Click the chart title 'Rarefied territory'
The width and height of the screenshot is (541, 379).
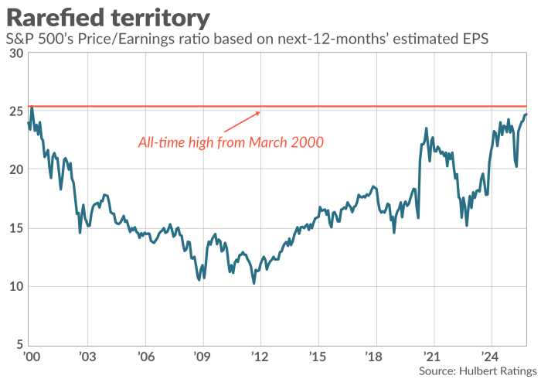click(108, 16)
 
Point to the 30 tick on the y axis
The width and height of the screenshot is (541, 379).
click(14, 53)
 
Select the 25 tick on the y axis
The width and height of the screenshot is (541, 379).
click(14, 111)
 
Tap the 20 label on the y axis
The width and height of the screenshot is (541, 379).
click(14, 169)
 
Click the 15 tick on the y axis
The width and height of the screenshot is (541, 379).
click(14, 228)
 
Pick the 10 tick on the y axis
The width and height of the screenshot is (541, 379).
click(14, 287)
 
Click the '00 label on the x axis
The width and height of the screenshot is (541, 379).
click(32, 357)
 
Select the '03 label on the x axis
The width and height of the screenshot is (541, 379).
click(87, 357)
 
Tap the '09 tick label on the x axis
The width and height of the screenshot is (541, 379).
click(202, 357)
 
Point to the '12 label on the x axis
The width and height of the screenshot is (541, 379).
click(260, 357)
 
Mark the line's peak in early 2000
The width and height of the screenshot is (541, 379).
click(32, 108)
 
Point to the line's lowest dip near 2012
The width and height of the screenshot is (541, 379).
click(253, 283)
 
